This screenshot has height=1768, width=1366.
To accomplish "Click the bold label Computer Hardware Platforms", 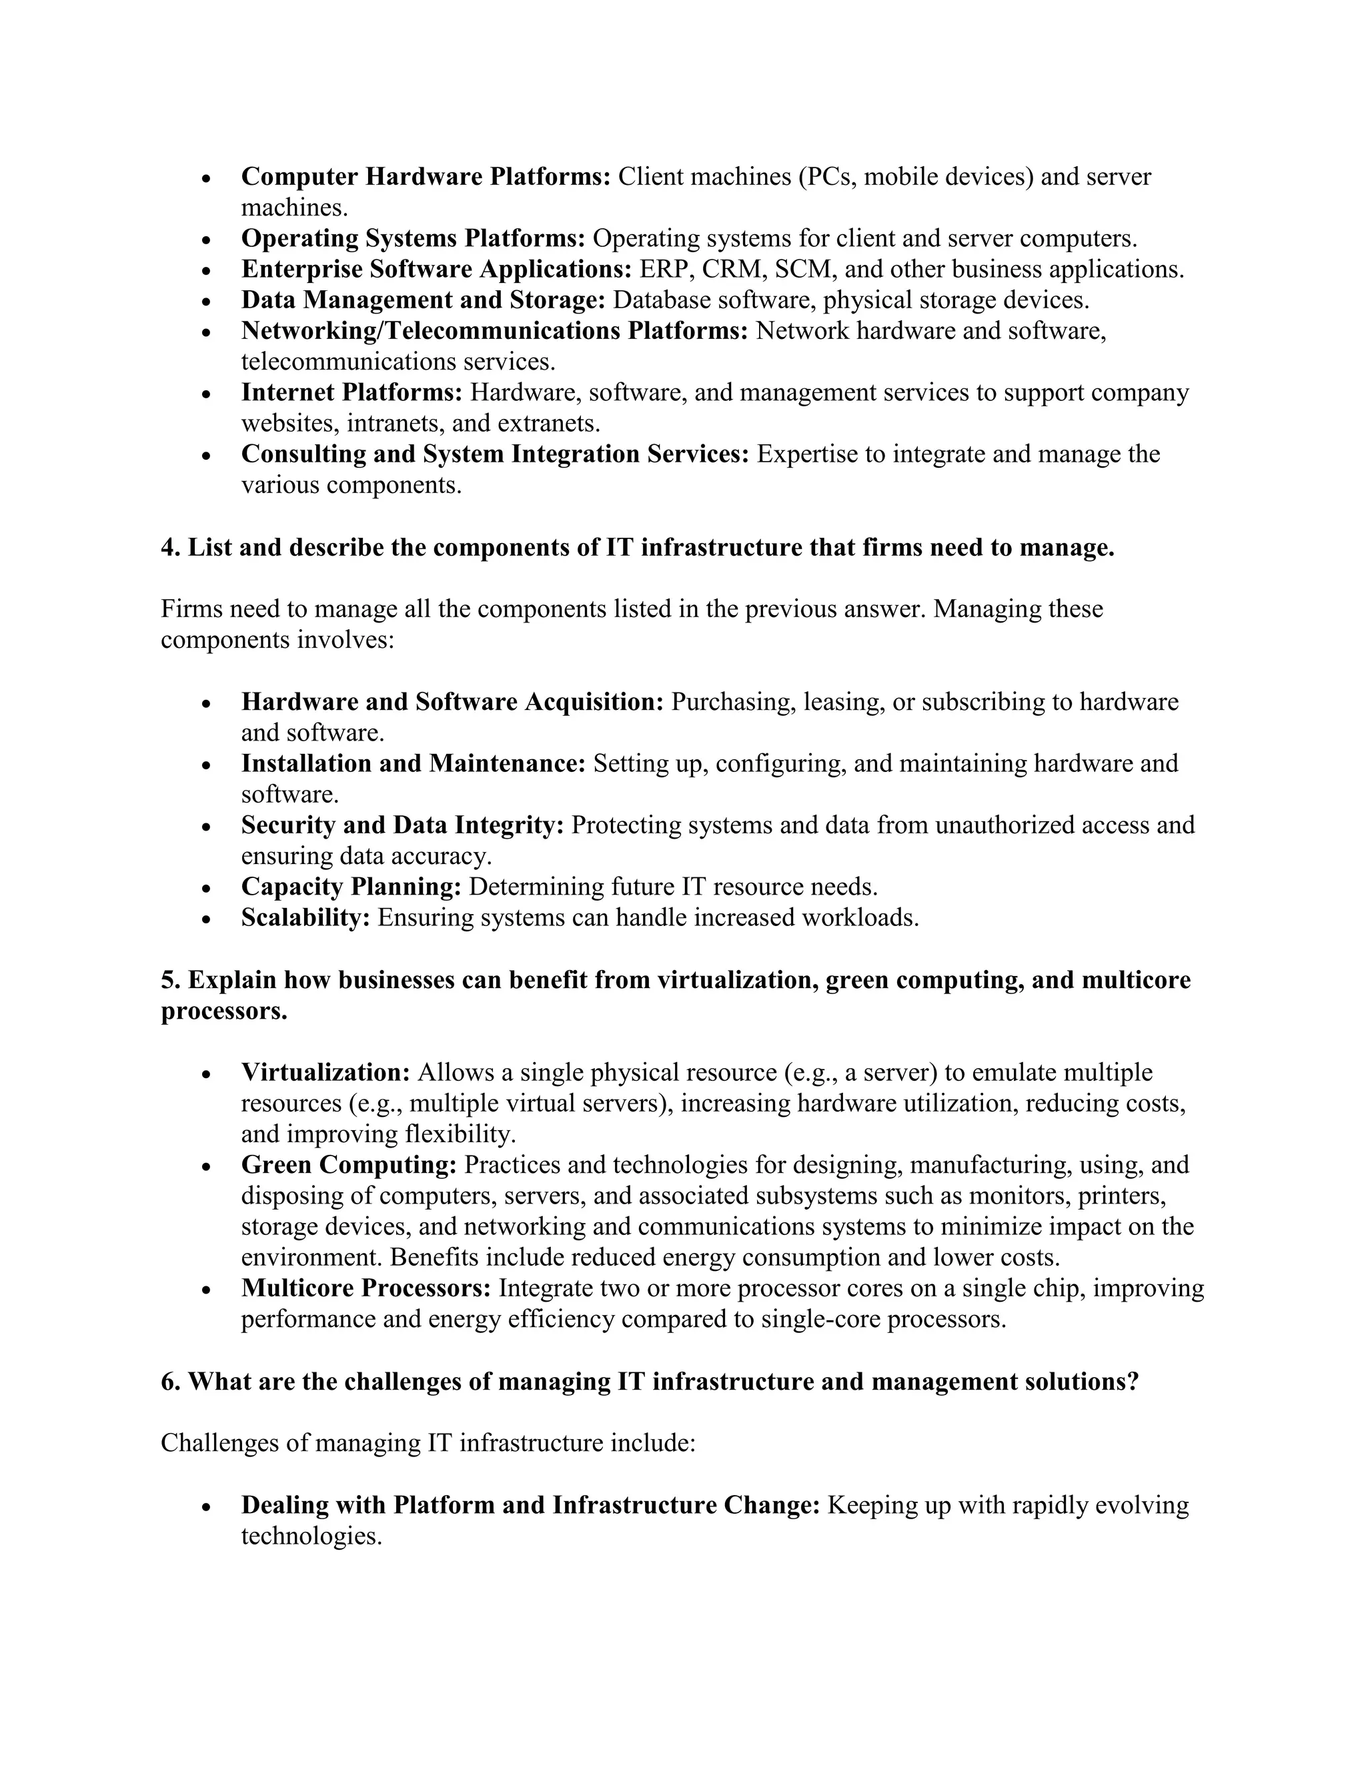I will (x=426, y=177).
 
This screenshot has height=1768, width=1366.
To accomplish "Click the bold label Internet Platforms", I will (x=352, y=392).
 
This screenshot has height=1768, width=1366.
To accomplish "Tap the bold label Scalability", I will (x=305, y=917).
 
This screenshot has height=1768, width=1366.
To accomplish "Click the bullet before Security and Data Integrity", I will (x=207, y=827).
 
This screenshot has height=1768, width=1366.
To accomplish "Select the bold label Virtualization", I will (x=325, y=1073).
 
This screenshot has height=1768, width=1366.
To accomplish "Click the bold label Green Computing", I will (x=349, y=1165).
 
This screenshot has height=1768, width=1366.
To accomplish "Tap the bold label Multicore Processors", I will (x=366, y=1288).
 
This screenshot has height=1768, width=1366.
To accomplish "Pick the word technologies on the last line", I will (x=311, y=1536).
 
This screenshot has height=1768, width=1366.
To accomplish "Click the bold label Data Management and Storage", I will (x=424, y=300).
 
